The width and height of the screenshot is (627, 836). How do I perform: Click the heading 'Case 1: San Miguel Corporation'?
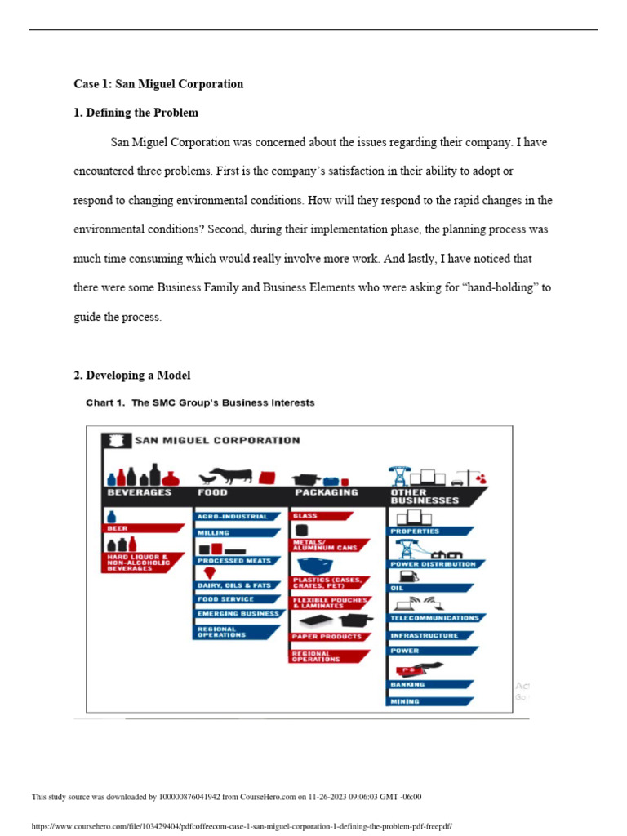pos(158,84)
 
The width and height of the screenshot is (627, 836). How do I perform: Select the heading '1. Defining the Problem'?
pos(136,113)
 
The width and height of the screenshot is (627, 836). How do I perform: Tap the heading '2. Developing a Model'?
pos(131,376)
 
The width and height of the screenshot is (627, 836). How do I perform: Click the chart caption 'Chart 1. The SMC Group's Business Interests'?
pos(200,402)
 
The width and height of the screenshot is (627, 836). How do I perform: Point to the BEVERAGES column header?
pos(140,492)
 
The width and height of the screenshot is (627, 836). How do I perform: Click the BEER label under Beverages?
pos(118,528)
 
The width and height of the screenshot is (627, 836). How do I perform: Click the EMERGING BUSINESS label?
pos(238,613)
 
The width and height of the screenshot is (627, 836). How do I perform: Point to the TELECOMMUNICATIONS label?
pos(434,618)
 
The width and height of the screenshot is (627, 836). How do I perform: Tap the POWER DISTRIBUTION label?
pos(433,564)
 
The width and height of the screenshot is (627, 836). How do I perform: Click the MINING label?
pos(406,701)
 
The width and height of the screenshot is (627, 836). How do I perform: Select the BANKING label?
pos(408,684)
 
